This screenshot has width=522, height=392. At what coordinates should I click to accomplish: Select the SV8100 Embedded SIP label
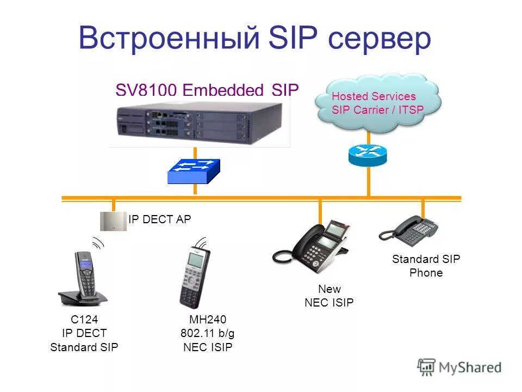click(x=207, y=90)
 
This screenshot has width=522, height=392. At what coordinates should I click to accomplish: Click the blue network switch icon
click(x=194, y=171)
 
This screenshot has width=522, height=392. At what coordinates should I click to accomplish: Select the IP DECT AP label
click(x=160, y=219)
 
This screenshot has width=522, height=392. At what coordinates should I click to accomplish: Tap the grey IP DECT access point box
click(x=113, y=220)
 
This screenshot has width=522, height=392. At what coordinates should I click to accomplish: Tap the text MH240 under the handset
click(x=207, y=319)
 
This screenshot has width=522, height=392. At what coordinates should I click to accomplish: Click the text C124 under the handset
click(x=84, y=319)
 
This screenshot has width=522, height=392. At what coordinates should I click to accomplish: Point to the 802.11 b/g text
click(x=207, y=333)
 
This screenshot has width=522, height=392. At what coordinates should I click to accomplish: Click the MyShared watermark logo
click(x=459, y=367)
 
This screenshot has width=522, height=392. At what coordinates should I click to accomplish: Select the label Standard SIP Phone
click(x=426, y=266)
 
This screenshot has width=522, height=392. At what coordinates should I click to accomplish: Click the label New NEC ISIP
click(x=329, y=296)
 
